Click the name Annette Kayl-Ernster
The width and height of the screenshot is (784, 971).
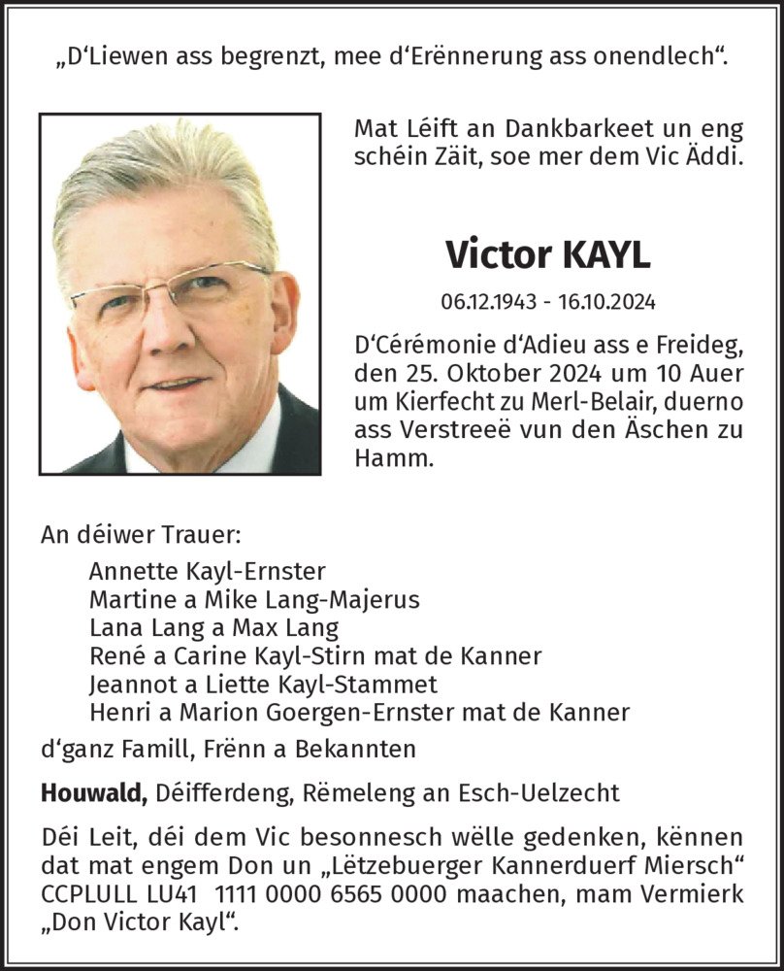click(207, 572)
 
